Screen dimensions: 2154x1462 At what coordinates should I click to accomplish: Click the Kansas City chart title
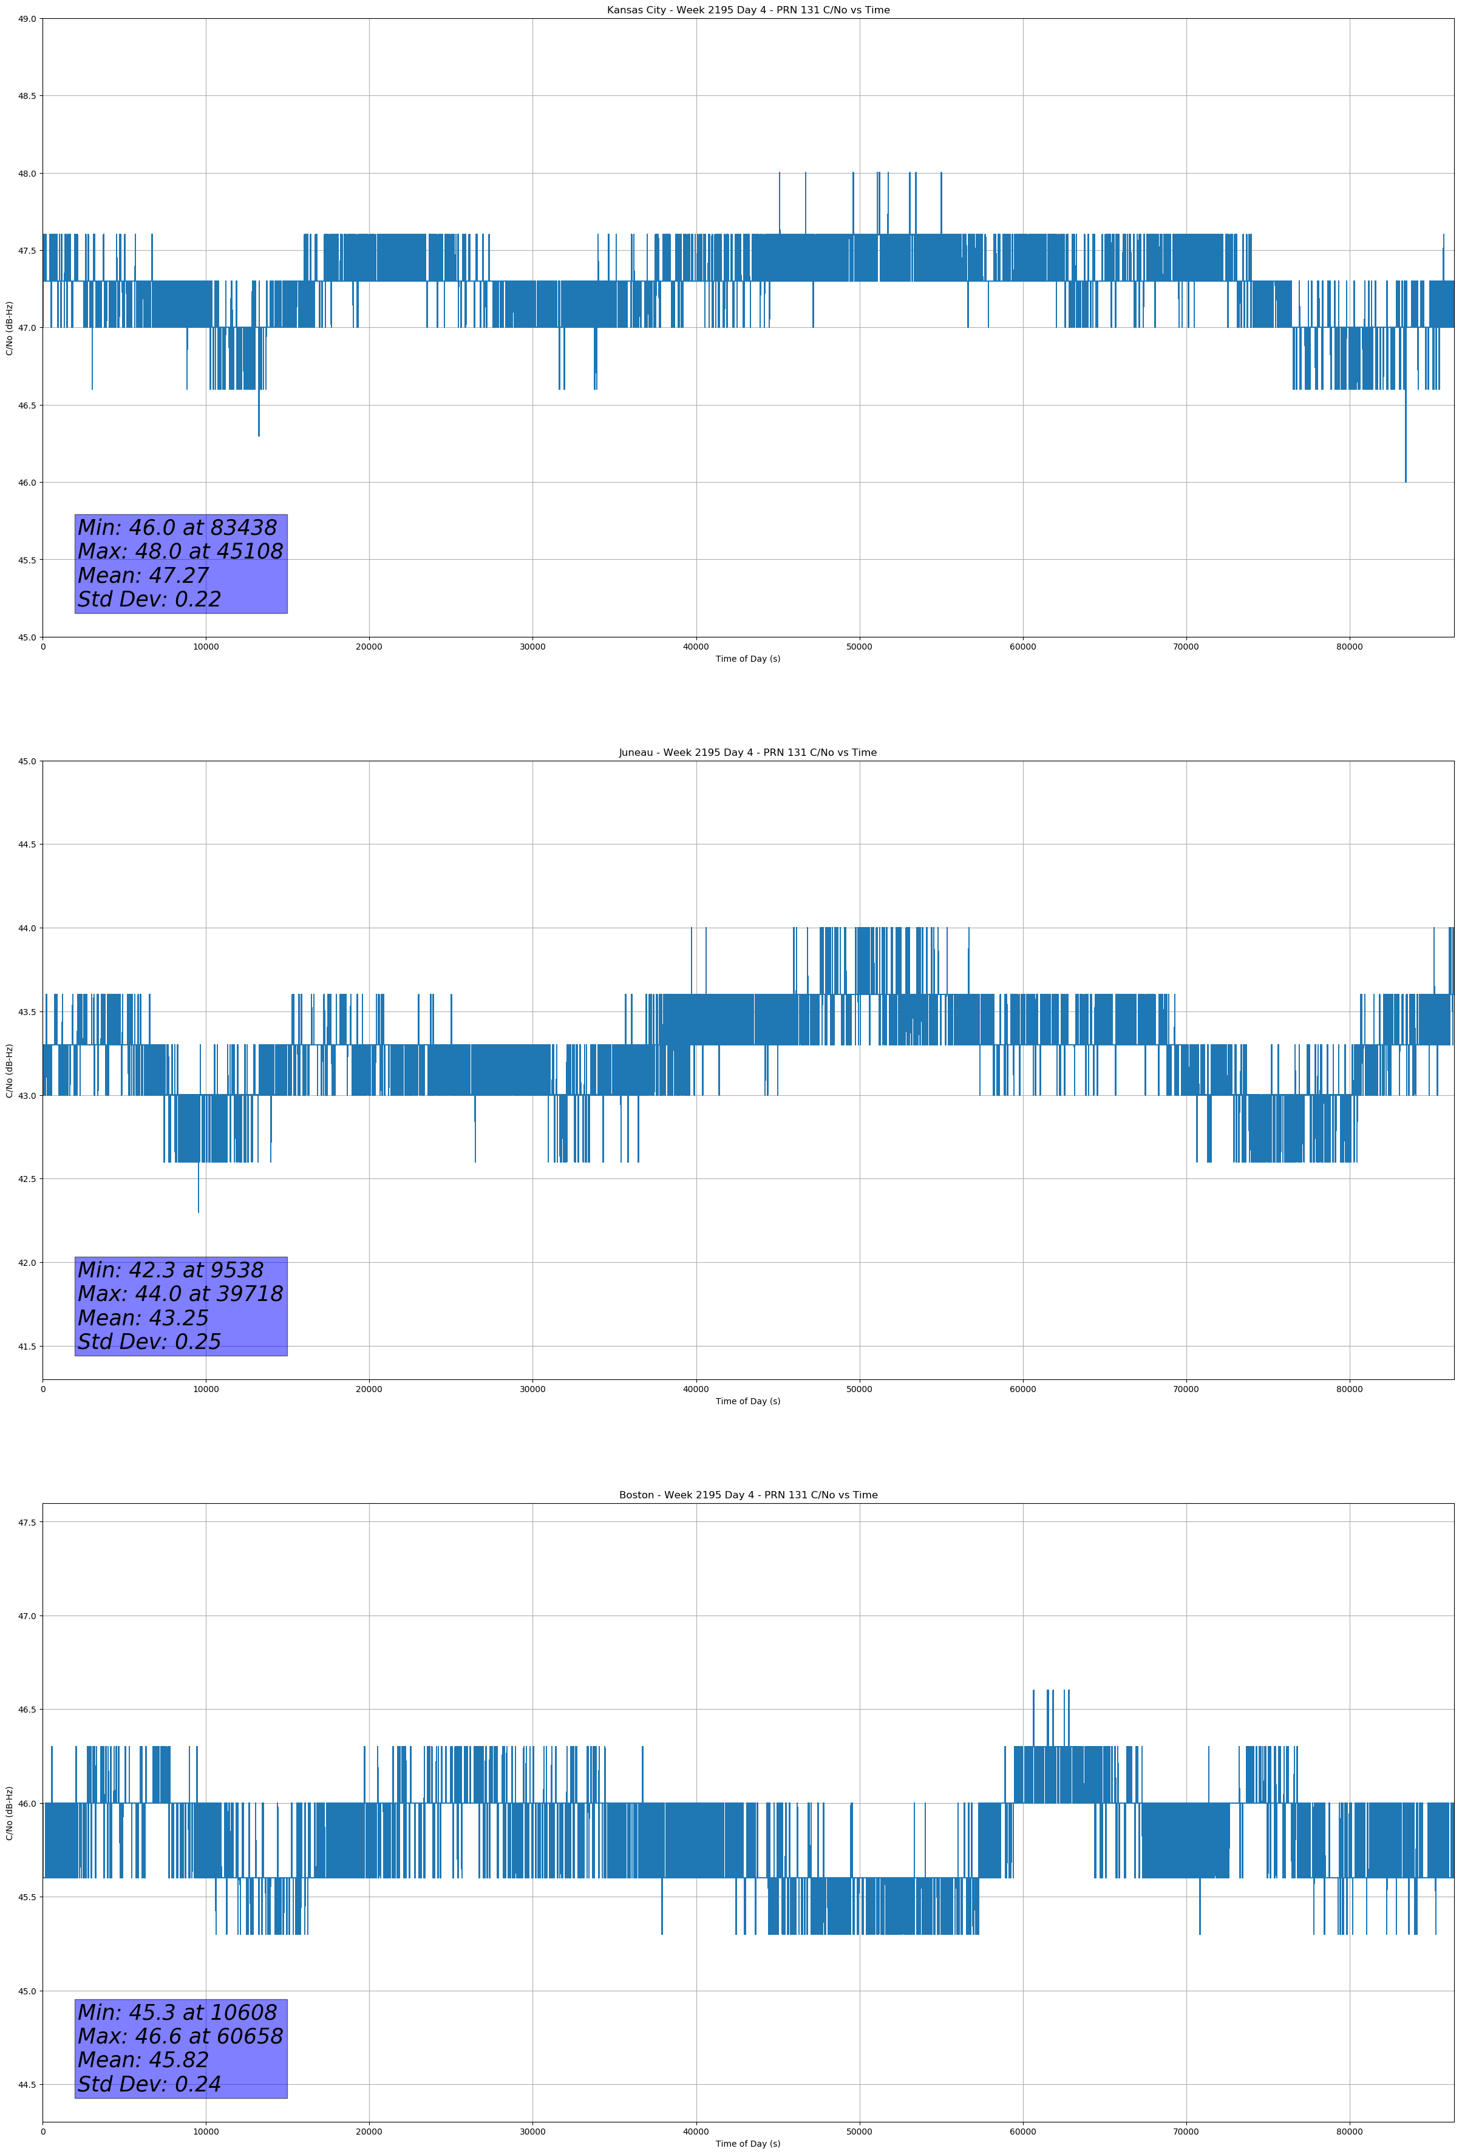tap(747, 10)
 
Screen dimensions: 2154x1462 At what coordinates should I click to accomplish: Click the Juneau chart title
tap(747, 753)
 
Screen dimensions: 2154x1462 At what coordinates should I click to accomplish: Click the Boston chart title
tap(747, 1495)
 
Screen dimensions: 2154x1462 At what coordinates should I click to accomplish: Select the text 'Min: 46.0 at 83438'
tap(177, 528)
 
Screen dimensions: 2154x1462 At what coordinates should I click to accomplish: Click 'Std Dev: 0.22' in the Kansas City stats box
tap(149, 600)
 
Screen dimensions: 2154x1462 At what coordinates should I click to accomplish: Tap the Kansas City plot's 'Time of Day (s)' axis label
tap(747, 659)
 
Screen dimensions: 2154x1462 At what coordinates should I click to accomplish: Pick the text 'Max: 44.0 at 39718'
tap(180, 1294)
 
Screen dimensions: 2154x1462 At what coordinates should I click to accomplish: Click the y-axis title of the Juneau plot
tap(9, 1070)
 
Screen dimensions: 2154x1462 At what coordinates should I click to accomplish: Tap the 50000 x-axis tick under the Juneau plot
tap(859, 1388)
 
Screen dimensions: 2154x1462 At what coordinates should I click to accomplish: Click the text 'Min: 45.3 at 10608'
tap(177, 2012)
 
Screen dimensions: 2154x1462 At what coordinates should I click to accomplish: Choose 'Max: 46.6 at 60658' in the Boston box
tap(180, 2036)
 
